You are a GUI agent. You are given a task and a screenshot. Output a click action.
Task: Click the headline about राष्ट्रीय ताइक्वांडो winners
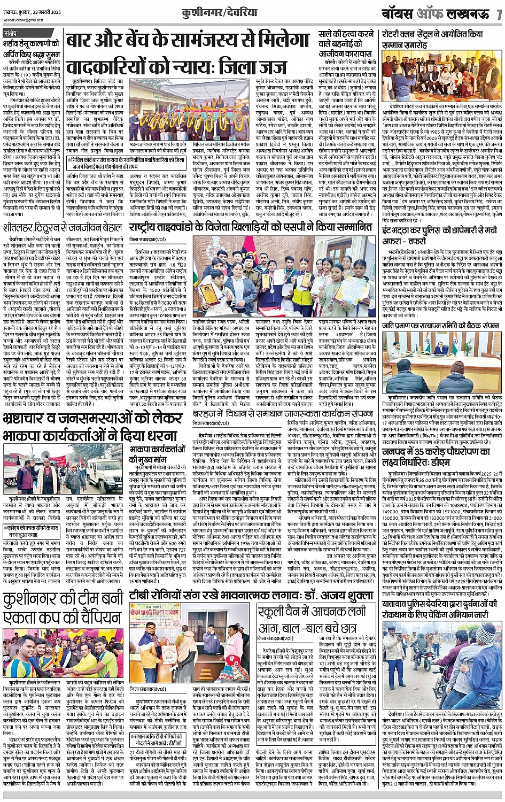tap(251, 227)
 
